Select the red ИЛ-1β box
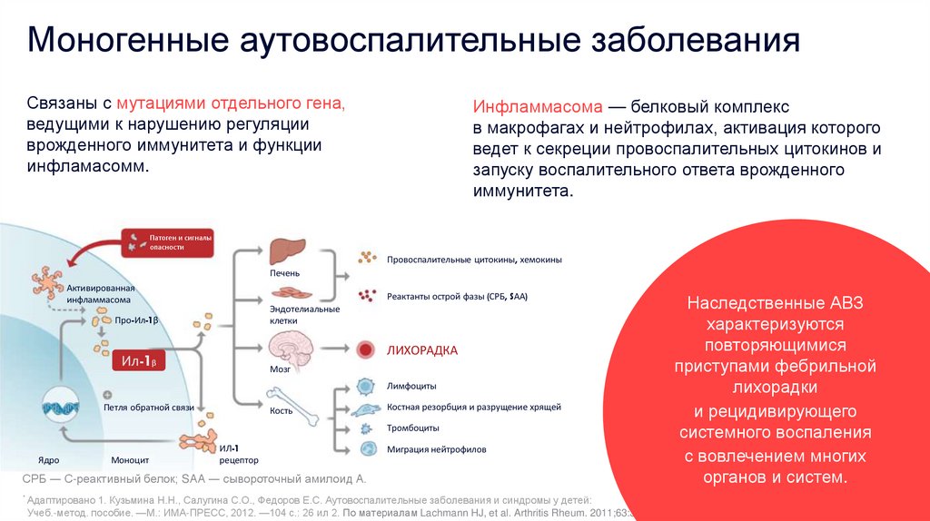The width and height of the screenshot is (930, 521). click(x=140, y=362)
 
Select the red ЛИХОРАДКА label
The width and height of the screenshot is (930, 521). click(x=422, y=349)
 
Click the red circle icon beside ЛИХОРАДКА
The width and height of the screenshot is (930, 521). click(x=367, y=349)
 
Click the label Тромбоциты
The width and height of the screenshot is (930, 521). click(x=414, y=428)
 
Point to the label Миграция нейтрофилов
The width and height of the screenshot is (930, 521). click(x=436, y=448)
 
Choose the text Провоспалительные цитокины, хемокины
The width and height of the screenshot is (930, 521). click(x=474, y=260)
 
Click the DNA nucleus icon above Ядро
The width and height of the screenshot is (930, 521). click(x=57, y=408)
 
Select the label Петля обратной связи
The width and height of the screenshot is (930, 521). click(x=149, y=408)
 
